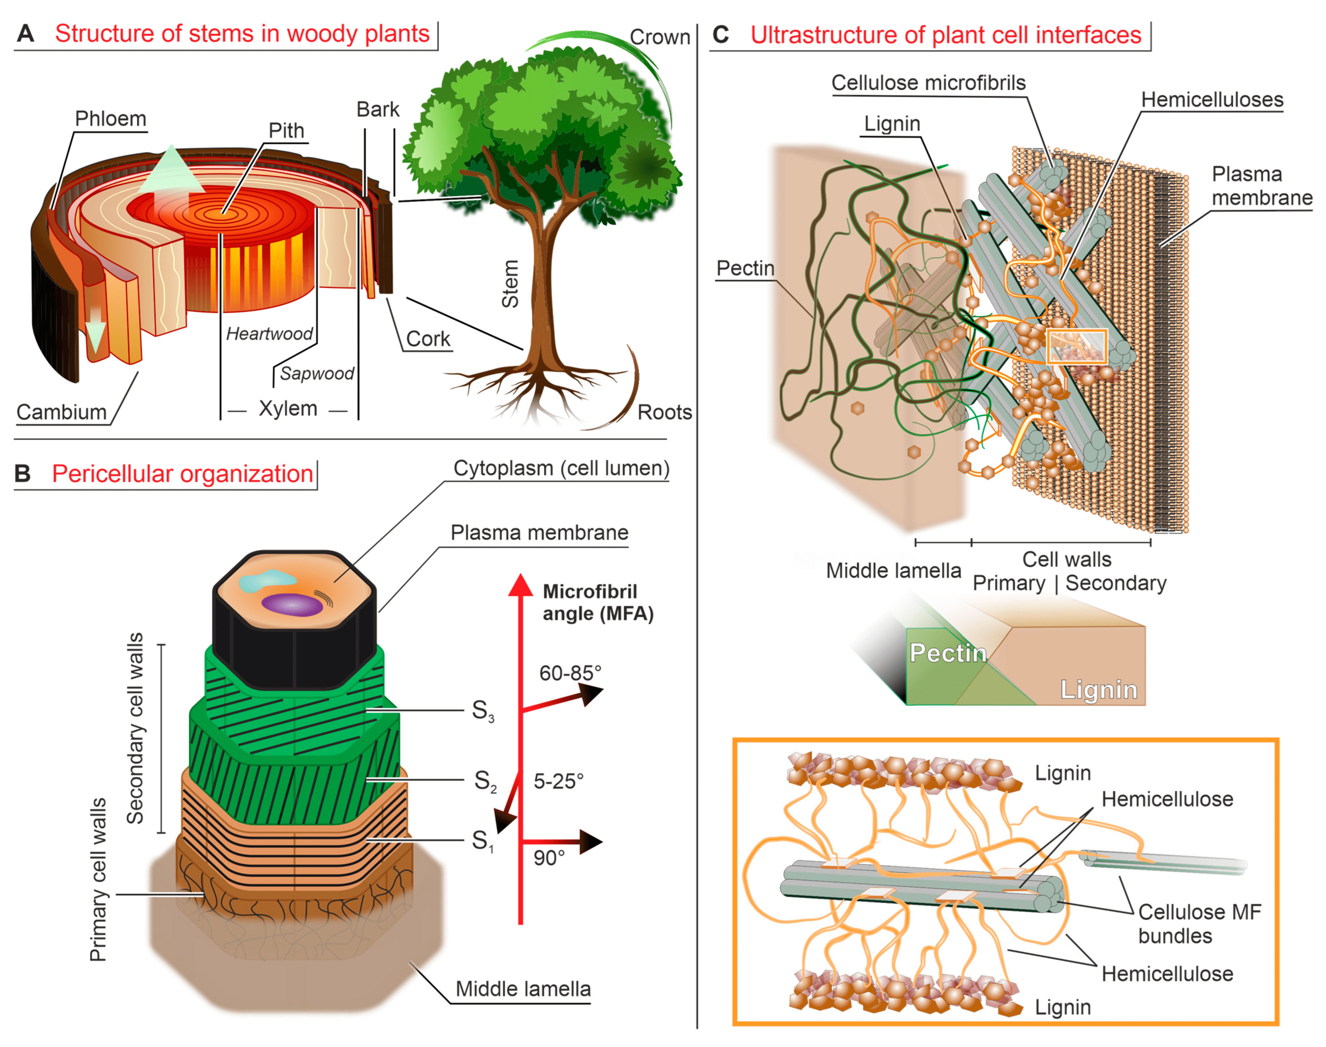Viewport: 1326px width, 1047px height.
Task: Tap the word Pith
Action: click(286, 130)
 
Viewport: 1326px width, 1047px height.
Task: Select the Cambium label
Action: click(61, 412)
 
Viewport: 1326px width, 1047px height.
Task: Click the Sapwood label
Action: click(316, 373)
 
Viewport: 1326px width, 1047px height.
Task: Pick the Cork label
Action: click(428, 339)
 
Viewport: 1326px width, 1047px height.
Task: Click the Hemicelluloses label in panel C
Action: click(1212, 100)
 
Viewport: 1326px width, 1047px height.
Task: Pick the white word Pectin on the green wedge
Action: click(948, 653)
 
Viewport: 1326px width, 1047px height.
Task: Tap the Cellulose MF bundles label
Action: click(1199, 924)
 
